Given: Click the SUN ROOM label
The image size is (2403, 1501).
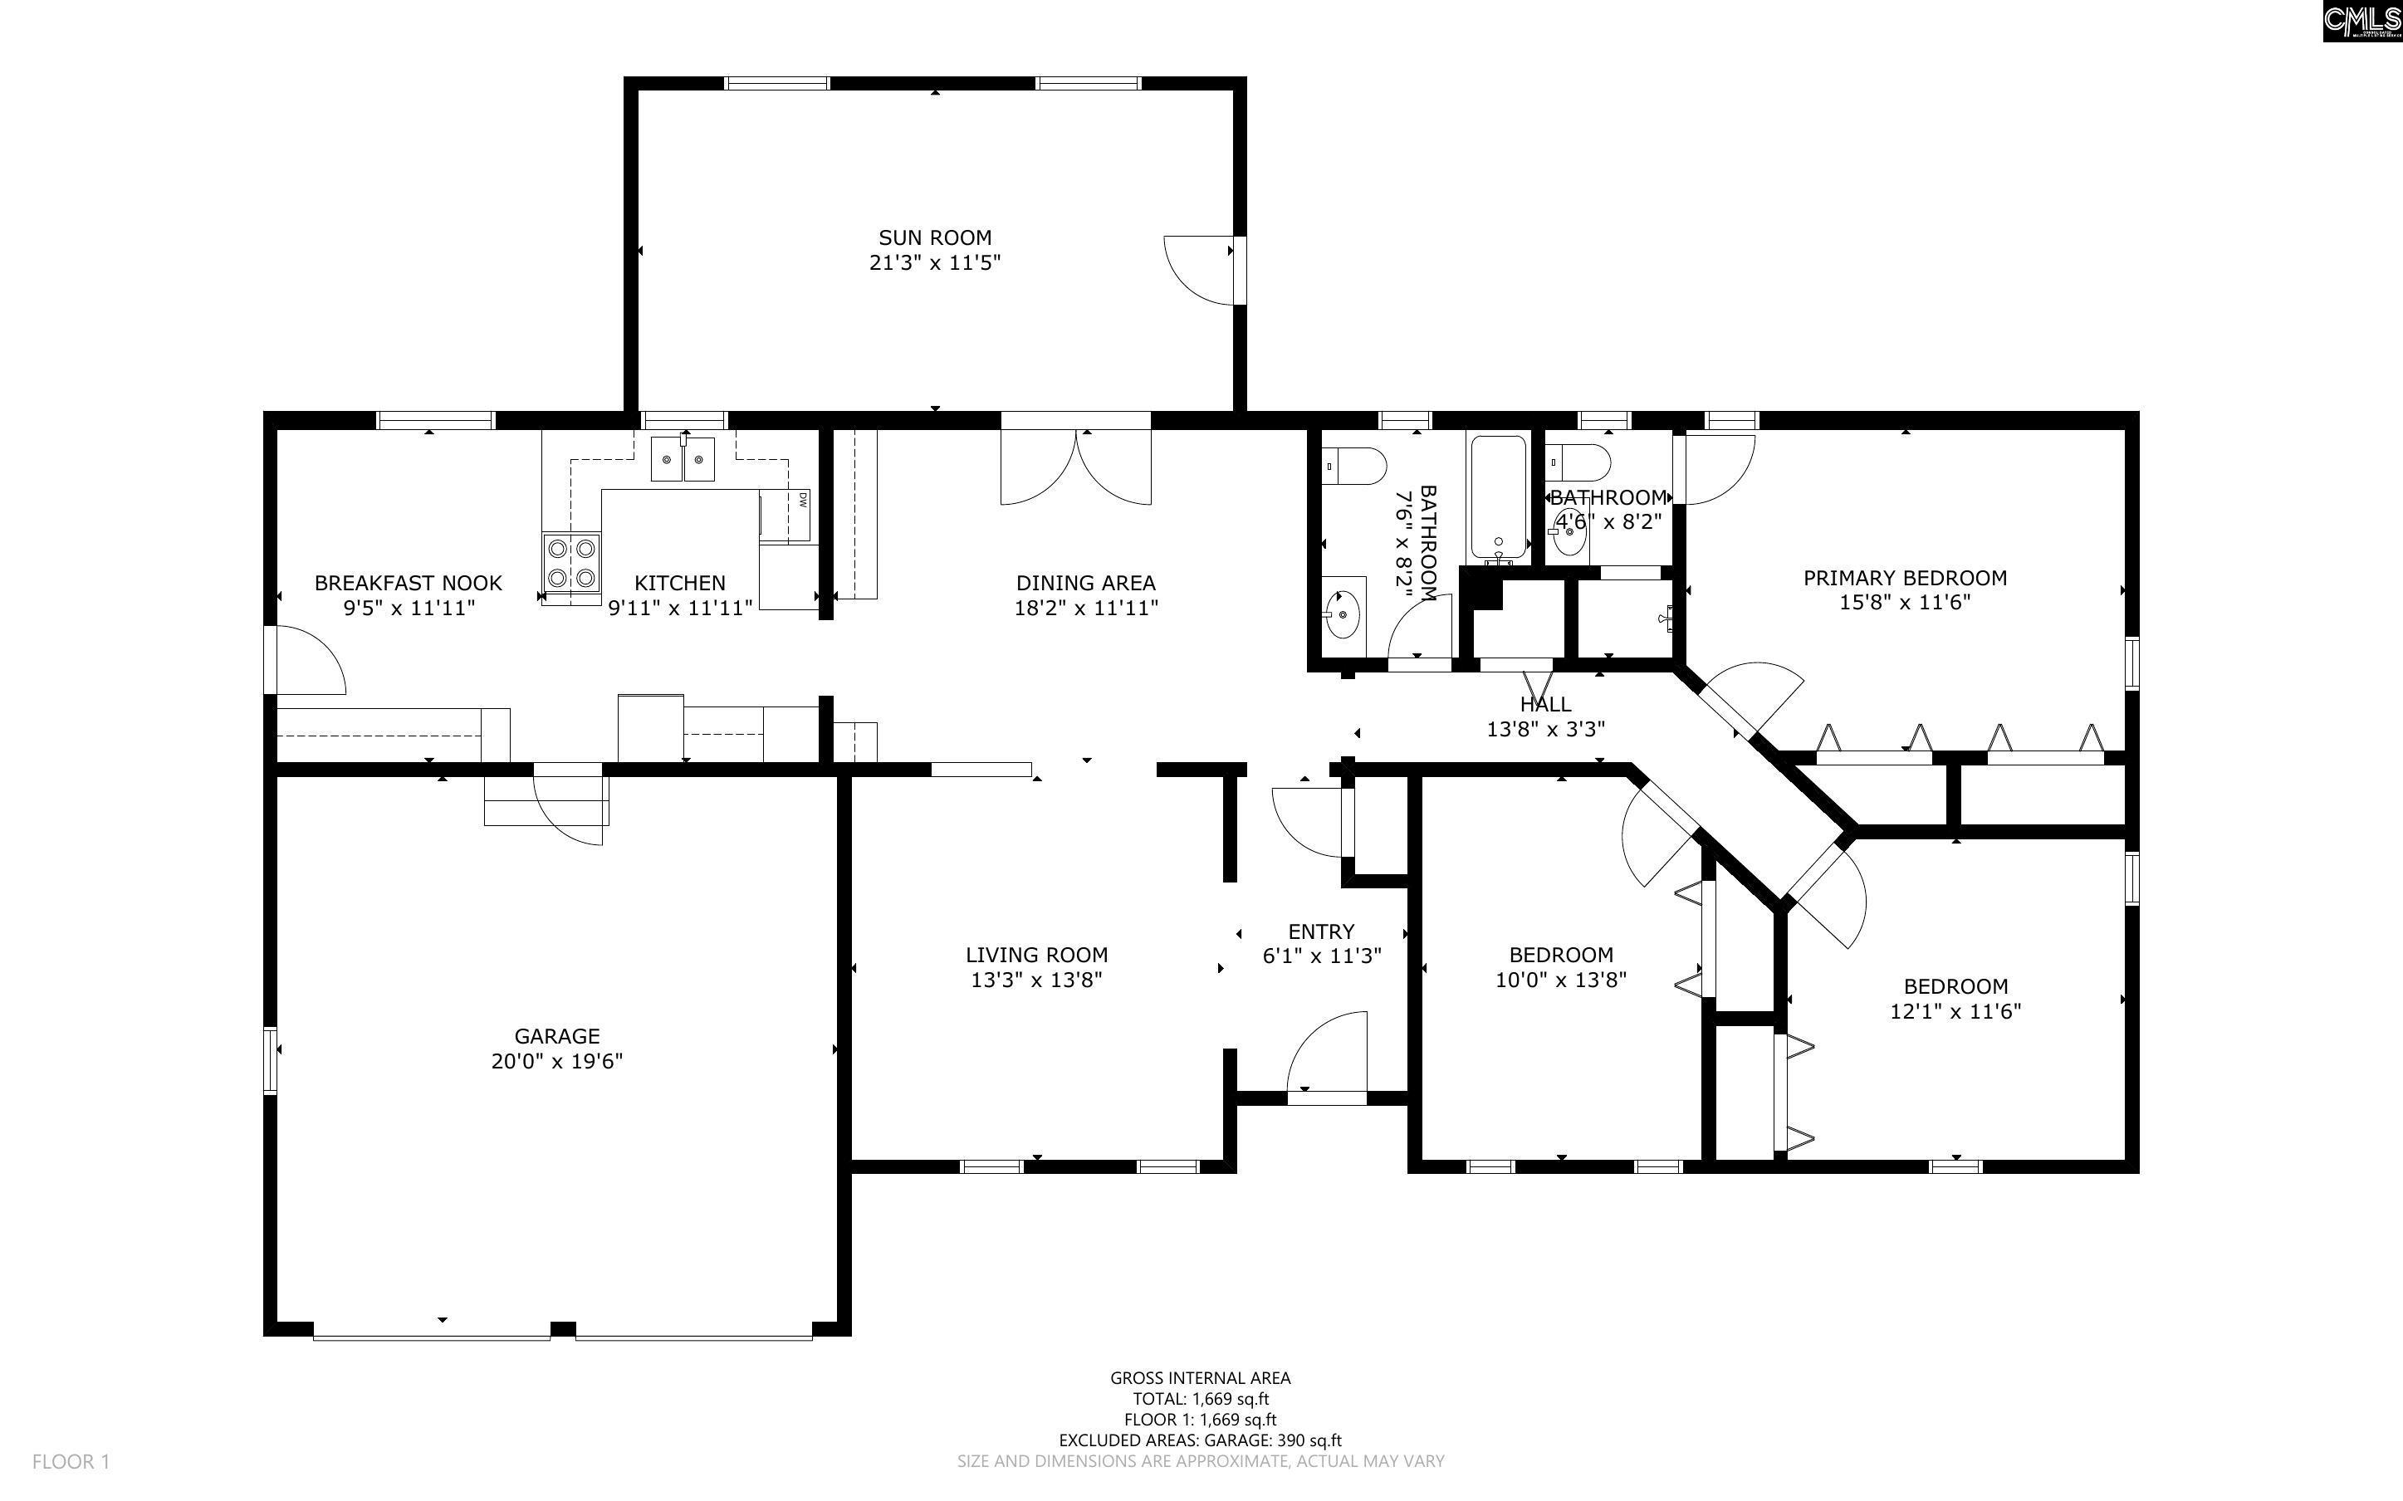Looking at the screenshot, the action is [934, 238].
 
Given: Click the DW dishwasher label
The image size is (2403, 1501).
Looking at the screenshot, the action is [801, 501].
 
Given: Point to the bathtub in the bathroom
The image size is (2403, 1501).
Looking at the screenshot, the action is [1498, 496].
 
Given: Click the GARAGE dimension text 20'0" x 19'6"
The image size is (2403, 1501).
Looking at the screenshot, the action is [557, 1061].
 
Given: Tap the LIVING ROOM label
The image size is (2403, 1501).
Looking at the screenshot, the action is [1036, 955].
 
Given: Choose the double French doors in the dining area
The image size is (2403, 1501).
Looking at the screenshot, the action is [1076, 467].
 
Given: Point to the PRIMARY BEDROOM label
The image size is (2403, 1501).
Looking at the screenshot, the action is [1905, 578].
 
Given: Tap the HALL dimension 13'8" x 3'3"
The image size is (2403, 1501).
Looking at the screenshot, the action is [1545, 730].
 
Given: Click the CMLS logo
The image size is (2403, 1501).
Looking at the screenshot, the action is [2361, 20].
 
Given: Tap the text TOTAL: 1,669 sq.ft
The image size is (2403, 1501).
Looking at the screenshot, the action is [1201, 1400].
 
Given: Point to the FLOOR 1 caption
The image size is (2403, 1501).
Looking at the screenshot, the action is [71, 1461].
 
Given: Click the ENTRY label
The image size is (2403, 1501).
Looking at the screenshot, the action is [1321, 931].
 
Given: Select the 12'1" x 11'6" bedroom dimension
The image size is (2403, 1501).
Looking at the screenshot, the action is [1955, 1011].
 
